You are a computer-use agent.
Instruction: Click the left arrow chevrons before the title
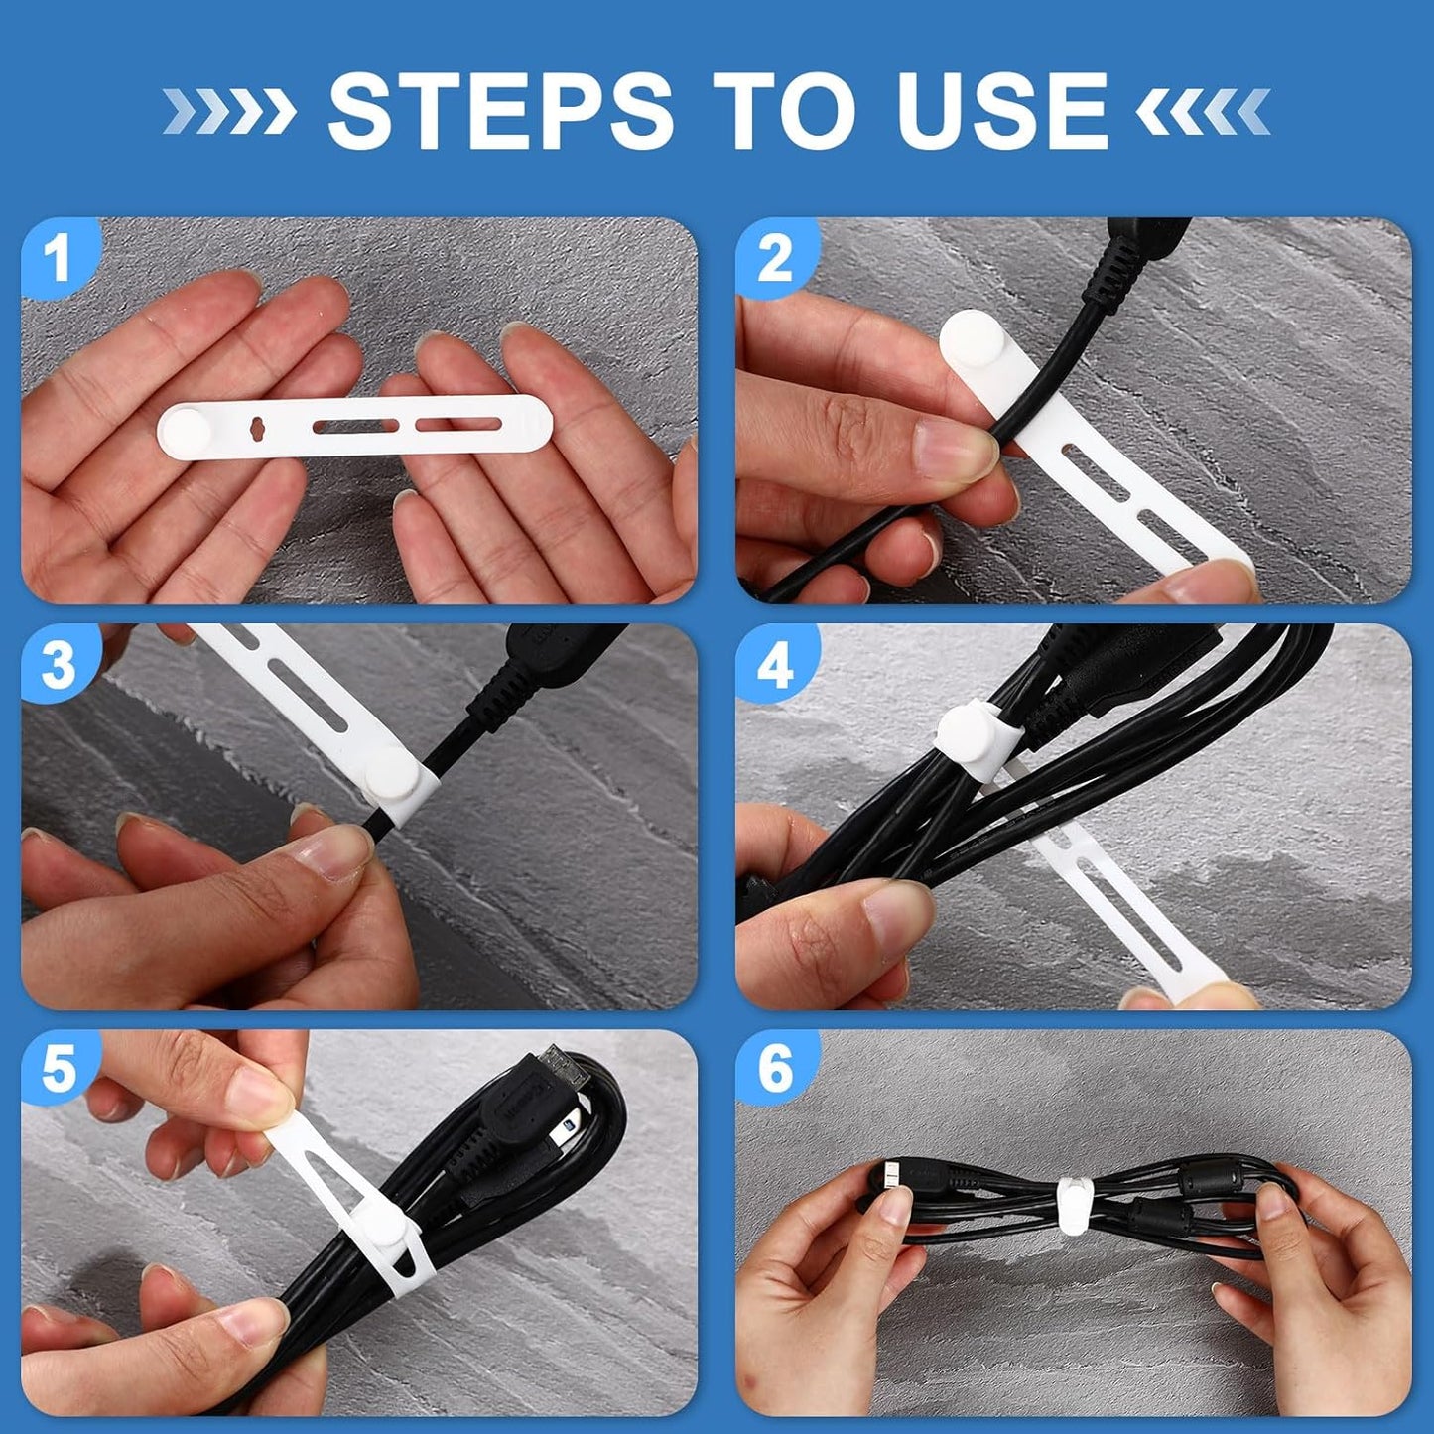coord(229,111)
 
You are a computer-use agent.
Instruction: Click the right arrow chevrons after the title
coord(1203,111)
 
